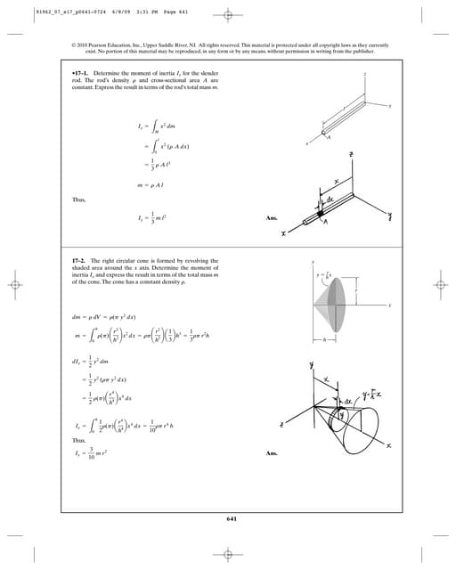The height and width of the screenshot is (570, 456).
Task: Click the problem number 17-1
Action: [82, 71]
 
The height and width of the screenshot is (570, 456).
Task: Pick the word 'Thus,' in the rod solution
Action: [77, 199]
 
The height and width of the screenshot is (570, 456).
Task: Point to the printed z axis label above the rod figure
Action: [364, 76]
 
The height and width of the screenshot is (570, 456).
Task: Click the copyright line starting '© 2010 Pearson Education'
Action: [228, 46]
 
